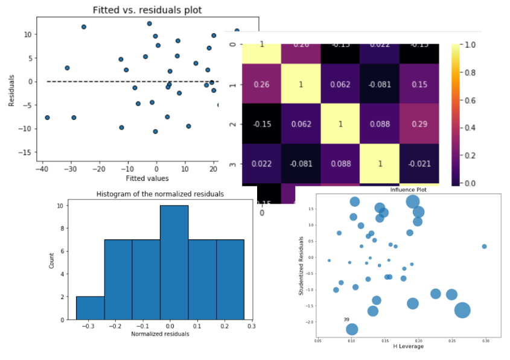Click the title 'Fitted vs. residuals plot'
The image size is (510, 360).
147,10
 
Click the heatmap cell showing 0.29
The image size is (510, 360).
419,124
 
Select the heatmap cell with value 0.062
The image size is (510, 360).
340,84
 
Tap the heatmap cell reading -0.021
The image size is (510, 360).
419,163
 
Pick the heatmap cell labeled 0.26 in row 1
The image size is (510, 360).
261,84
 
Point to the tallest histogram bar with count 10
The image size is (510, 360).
174,262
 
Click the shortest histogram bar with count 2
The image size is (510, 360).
90,308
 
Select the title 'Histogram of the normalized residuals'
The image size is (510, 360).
161,194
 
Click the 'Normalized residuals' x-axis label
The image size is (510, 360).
160,333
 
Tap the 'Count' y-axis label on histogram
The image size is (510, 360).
52,264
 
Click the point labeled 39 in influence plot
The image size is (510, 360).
352,329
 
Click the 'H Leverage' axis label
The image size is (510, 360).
409,346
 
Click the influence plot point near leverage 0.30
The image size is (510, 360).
484,246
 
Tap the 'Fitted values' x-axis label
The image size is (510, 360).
147,178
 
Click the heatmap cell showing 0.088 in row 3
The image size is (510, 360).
340,163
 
